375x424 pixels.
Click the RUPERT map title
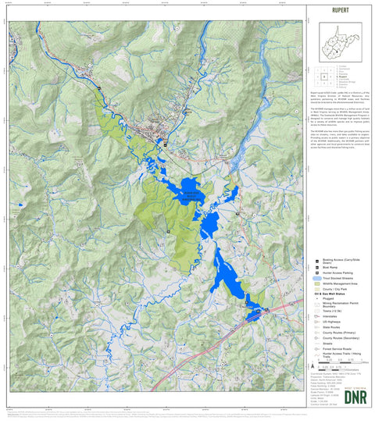pos(339,11)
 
